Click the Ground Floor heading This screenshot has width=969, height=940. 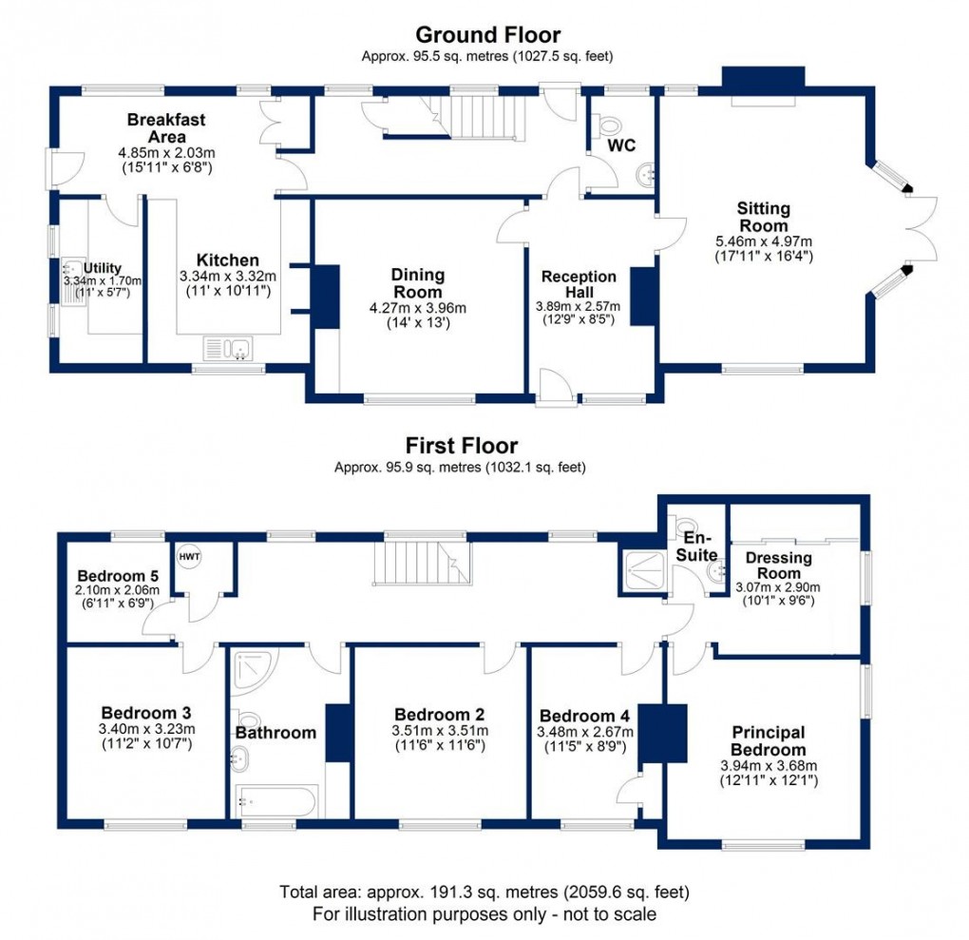(488, 35)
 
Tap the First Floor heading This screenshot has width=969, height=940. (462, 445)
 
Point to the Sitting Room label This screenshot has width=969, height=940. (764, 217)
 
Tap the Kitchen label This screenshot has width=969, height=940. (227, 260)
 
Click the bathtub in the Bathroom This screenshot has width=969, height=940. (275, 802)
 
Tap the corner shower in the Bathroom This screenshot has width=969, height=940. (250, 671)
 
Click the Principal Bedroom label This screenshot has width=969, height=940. (769, 740)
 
